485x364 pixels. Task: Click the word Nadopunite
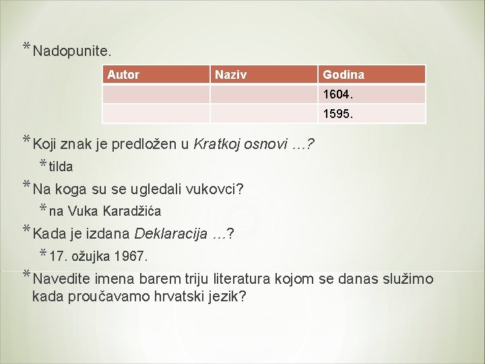72,51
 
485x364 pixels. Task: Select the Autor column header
123,74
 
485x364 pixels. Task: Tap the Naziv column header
230,74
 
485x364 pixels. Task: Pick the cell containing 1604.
371,94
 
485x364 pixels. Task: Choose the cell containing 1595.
371,113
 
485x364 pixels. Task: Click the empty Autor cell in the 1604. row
156,94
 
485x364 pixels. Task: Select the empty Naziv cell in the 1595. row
263,113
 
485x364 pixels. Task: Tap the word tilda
61,166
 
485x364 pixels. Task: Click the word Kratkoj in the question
216,144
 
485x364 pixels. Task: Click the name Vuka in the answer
83,212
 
